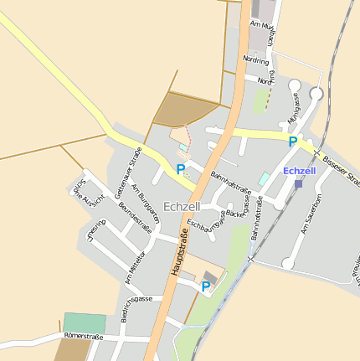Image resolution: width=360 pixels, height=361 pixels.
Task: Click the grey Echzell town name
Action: click(x=182, y=206)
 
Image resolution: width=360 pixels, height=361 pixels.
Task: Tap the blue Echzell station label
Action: click(x=300, y=171)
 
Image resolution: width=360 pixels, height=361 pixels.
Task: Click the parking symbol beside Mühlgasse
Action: click(x=292, y=142)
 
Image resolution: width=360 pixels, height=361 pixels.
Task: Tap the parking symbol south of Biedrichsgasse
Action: click(x=206, y=286)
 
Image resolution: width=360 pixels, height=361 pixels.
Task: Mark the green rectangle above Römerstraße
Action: click(x=85, y=323)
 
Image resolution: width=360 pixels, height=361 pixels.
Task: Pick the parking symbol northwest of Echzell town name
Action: click(x=180, y=169)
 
